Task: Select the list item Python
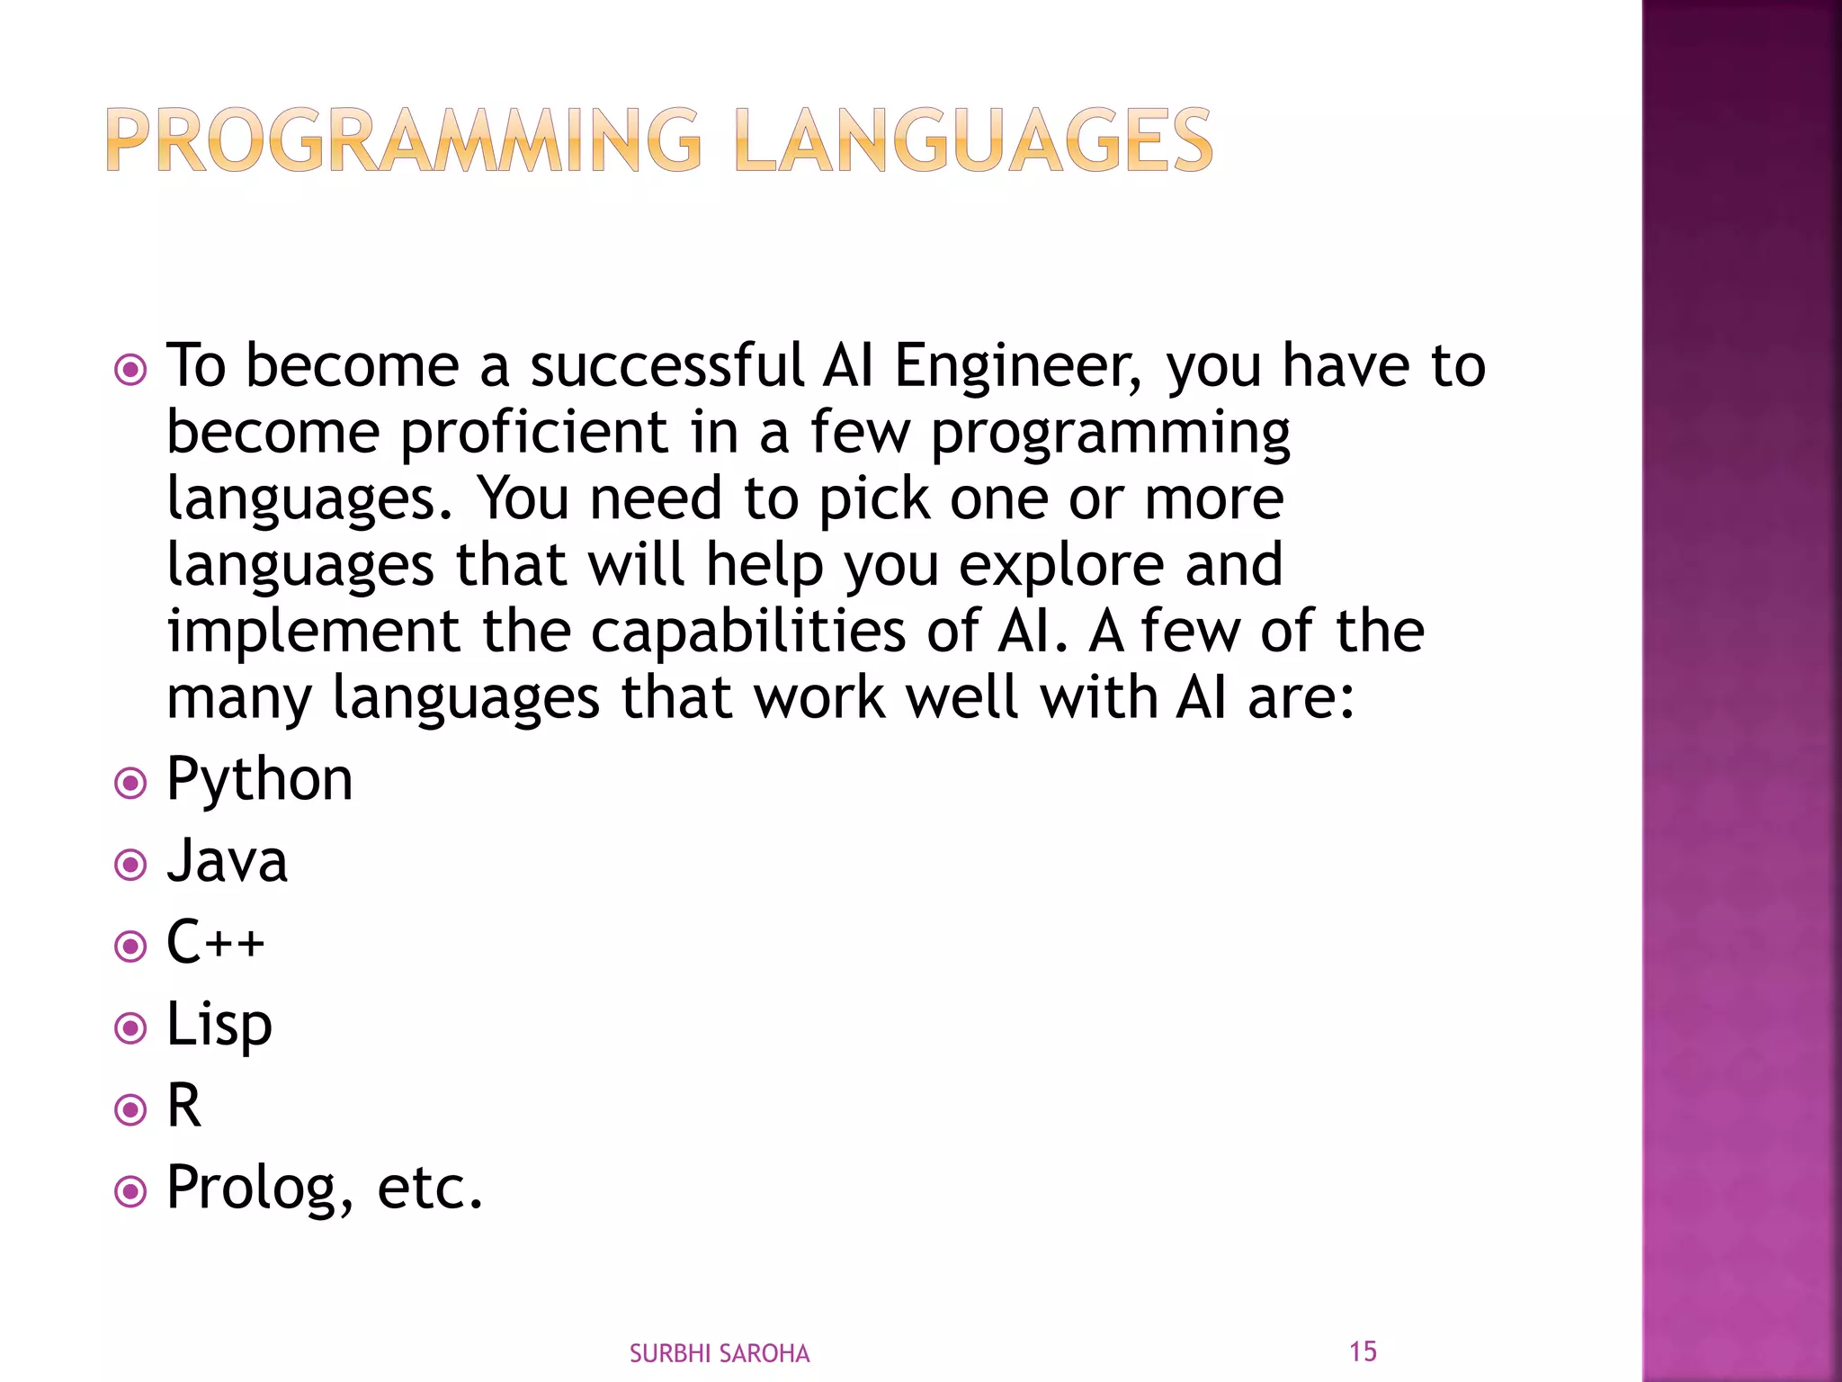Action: coord(260,779)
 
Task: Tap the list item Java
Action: coord(228,861)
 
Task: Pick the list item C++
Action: coord(216,943)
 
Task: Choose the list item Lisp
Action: coord(219,1025)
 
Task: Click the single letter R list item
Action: coord(184,1106)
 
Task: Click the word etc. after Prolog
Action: coord(430,1188)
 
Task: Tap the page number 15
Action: coord(1363,1351)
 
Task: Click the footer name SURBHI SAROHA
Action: coord(720,1353)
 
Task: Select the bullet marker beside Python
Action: coord(131,783)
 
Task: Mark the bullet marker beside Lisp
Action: coord(131,1028)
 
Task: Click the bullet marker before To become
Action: coord(131,370)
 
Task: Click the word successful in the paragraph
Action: coord(666,366)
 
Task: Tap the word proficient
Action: coord(534,433)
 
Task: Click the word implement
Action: coord(314,632)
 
